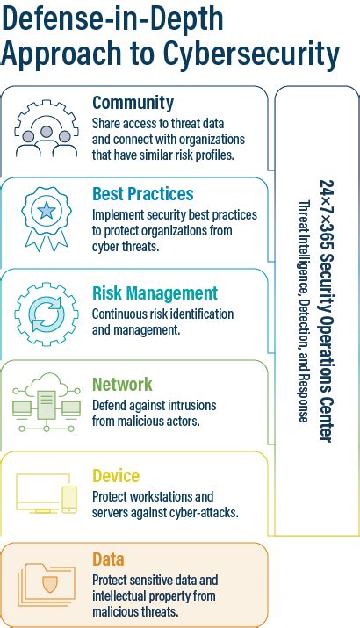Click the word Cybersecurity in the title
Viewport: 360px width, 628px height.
(249, 54)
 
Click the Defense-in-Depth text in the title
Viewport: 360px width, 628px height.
(112, 18)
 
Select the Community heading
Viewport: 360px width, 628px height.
(133, 103)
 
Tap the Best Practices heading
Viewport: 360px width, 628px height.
(142, 193)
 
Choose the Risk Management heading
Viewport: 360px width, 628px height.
(154, 292)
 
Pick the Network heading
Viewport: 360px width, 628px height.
(122, 384)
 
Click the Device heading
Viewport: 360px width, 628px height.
(116, 476)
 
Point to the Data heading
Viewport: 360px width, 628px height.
(108, 559)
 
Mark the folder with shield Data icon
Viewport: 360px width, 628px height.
(47, 582)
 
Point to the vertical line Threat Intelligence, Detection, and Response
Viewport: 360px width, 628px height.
(304, 312)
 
